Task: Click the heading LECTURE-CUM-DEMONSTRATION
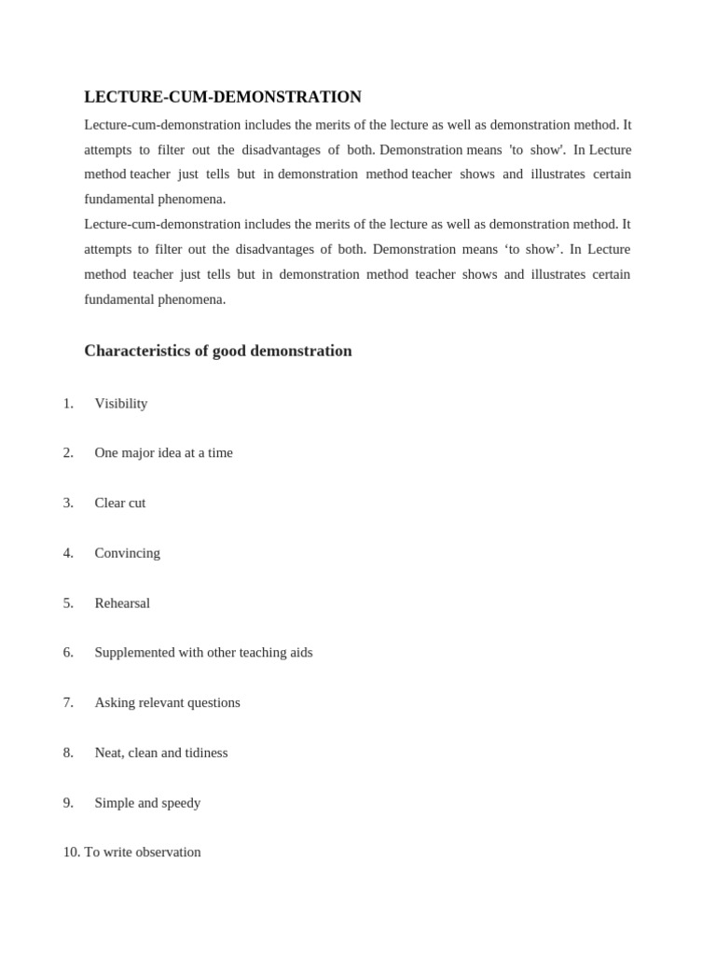(x=223, y=97)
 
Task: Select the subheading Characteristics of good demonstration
(x=218, y=351)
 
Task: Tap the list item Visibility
(x=121, y=403)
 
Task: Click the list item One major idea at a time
(x=163, y=452)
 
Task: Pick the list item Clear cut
(x=120, y=503)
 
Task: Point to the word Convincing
(x=127, y=553)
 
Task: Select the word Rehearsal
(x=122, y=602)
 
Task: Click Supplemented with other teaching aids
(x=203, y=652)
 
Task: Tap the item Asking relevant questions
(x=167, y=702)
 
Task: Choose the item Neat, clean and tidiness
(x=160, y=753)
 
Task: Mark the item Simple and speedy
(x=147, y=802)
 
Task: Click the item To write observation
(x=143, y=851)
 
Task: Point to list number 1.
(x=68, y=403)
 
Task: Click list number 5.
(x=68, y=602)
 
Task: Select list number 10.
(x=72, y=851)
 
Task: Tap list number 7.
(x=68, y=702)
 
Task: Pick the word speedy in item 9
(x=180, y=802)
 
